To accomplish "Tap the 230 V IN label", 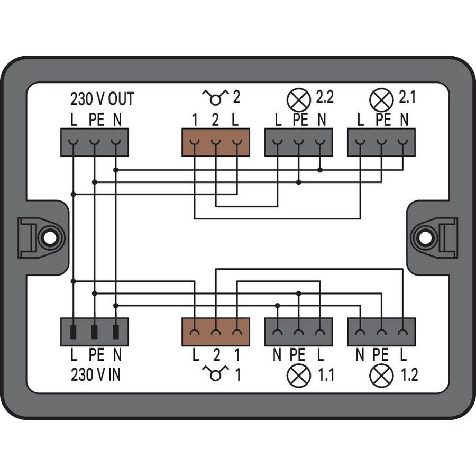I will [96, 375].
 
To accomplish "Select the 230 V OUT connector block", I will [95, 142].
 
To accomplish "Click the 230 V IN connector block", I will [95, 332].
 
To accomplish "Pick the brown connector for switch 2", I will [215, 142].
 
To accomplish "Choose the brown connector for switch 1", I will [215, 332].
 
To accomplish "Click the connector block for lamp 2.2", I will [298, 142].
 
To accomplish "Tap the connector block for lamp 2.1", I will [381, 142].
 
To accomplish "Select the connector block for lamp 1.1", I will [298, 332].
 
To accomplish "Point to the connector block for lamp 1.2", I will [381, 332].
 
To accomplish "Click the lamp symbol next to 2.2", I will [298, 99].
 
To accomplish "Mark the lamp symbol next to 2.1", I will [381, 99].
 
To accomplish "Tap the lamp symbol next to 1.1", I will [298, 376].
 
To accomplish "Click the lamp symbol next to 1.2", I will [381, 376].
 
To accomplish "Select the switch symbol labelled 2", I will [215, 97].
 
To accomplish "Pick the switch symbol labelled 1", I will [215, 374].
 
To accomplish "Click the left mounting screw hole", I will [49, 238].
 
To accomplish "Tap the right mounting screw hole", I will [425, 238].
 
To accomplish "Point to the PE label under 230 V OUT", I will [96, 120].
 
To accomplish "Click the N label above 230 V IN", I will [116, 355].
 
